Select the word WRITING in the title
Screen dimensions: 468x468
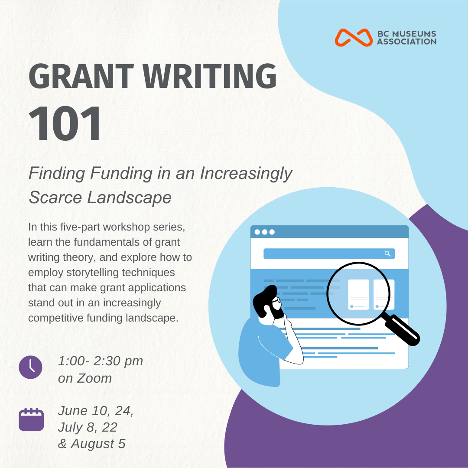click(x=210, y=76)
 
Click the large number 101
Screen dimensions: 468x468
click(x=65, y=123)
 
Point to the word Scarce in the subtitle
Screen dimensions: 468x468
click(x=55, y=197)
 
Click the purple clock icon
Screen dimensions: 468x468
click(x=30, y=367)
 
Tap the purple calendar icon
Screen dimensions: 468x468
click(x=31, y=419)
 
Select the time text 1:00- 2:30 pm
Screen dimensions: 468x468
click(x=101, y=361)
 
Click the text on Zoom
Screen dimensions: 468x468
click(x=85, y=378)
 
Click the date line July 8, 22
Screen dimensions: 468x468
click(x=88, y=427)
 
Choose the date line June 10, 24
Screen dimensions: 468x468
click(x=95, y=411)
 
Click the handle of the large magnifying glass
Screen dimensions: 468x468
click(x=401, y=329)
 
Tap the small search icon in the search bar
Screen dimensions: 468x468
click(x=387, y=253)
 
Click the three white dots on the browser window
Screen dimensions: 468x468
click(x=264, y=232)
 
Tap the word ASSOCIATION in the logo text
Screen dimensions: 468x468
click(x=406, y=42)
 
